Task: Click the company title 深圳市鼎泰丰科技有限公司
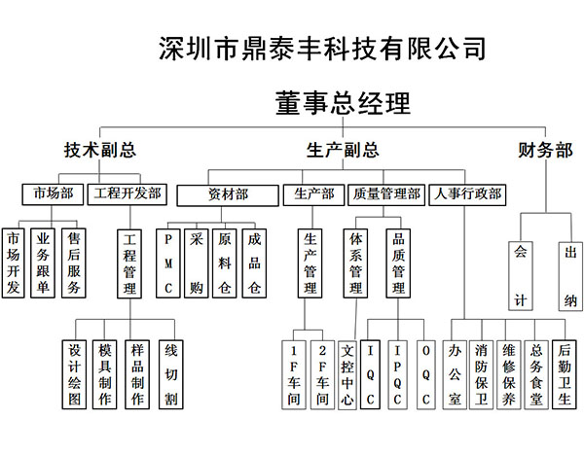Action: (x=322, y=49)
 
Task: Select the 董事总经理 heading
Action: (x=343, y=103)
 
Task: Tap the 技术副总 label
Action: (x=100, y=150)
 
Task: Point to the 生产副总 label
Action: (x=343, y=150)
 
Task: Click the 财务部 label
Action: (x=545, y=150)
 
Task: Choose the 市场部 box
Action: (x=53, y=194)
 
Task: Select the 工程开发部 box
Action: (x=127, y=194)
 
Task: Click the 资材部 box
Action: (x=228, y=195)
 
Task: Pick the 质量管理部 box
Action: (x=386, y=195)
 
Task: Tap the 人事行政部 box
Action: (x=467, y=195)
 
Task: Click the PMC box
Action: (x=168, y=263)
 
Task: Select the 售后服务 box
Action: (x=74, y=262)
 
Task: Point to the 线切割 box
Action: (x=171, y=374)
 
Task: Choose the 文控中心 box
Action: (x=347, y=375)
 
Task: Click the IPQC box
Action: (x=397, y=374)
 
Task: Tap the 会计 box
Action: (x=521, y=276)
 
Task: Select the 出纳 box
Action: (x=570, y=276)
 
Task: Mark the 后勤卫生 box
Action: (x=565, y=374)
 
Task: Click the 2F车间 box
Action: (x=322, y=375)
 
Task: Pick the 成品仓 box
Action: (x=254, y=263)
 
